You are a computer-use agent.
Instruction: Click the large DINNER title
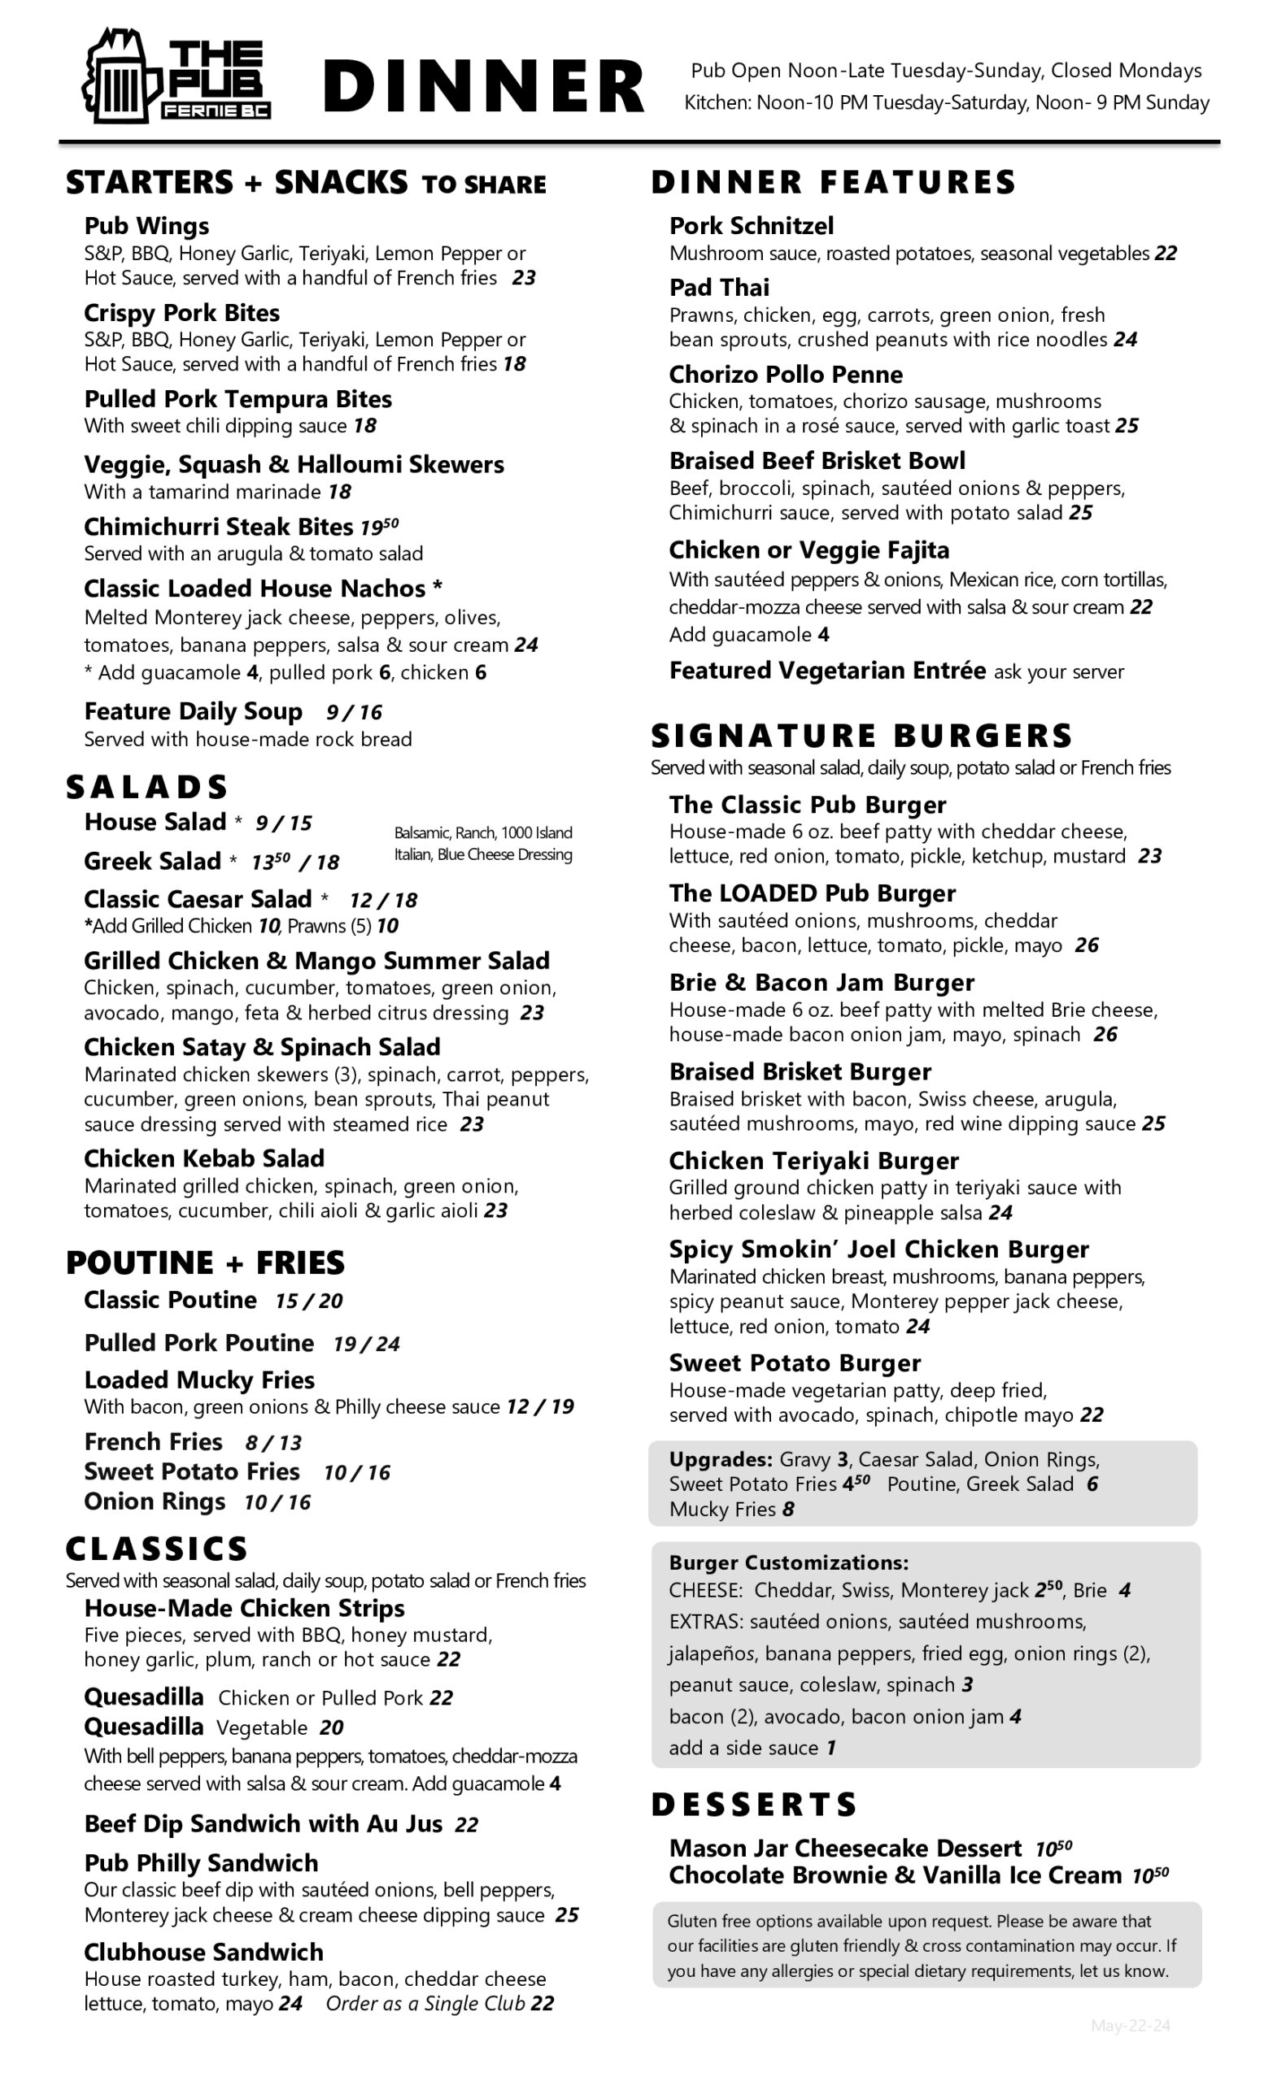483,86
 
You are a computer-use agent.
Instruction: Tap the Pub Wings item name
146,225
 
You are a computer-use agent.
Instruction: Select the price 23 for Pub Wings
524,278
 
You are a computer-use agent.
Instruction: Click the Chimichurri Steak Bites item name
218,526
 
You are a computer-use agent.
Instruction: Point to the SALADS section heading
147,786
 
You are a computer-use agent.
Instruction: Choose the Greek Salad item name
152,861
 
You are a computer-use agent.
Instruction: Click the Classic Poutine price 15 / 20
308,1301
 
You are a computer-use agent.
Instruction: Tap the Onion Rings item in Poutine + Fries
155,1501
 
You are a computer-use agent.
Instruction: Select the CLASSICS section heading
157,1548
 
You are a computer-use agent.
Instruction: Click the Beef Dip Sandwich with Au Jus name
263,1823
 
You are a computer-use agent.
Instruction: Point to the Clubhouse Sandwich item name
203,1952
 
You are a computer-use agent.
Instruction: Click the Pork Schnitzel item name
751,225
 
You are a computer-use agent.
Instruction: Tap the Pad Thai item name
719,287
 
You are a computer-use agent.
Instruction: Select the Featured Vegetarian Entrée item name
827,671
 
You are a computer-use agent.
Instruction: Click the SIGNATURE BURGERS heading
861,736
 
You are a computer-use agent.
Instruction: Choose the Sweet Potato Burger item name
794,1362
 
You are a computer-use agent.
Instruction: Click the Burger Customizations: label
788,1562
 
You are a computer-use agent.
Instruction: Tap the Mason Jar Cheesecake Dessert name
845,1848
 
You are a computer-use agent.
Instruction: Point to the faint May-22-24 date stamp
1130,2025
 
